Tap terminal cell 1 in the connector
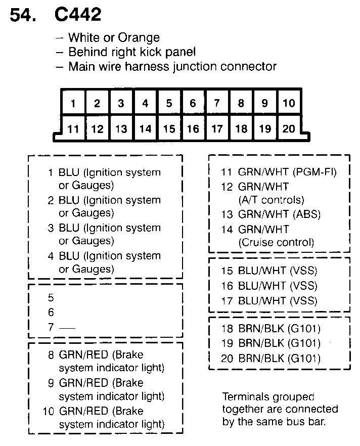(x=73, y=104)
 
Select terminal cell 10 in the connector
(x=289, y=103)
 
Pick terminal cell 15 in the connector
(x=169, y=129)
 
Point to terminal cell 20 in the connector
(x=289, y=128)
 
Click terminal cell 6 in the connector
(x=193, y=104)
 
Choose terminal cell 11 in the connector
(x=73, y=129)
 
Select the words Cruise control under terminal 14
(x=276, y=242)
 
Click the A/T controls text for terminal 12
(x=271, y=200)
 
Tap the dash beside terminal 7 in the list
(x=67, y=328)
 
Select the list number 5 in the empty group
(x=51, y=298)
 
